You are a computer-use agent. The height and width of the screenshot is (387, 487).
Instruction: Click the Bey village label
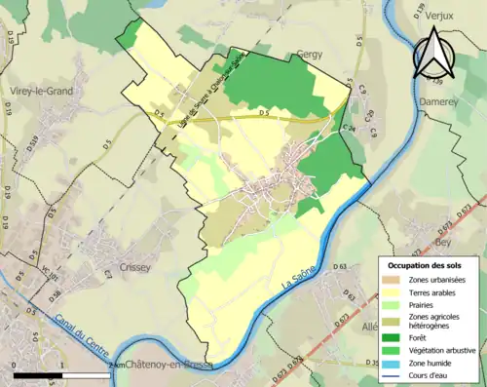(446, 240)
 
